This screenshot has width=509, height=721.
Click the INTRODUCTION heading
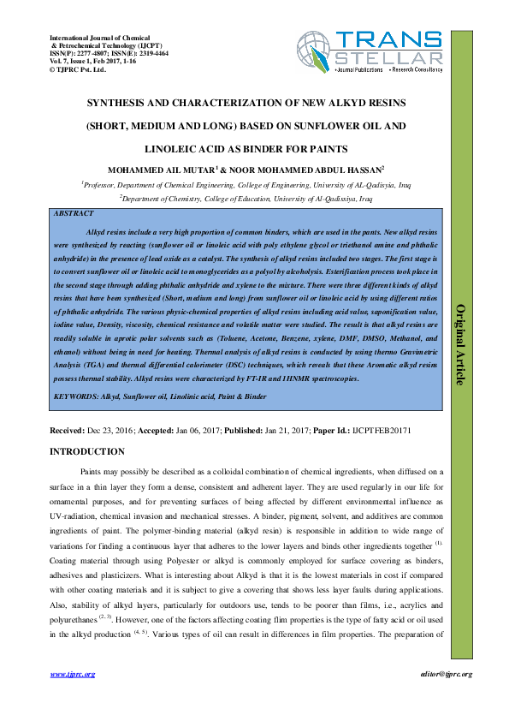(87, 451)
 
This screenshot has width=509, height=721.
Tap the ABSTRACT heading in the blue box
(74, 212)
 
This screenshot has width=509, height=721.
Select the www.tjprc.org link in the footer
(72, 674)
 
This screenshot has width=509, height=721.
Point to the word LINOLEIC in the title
(175, 147)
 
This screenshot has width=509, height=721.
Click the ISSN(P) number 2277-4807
(95, 52)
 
